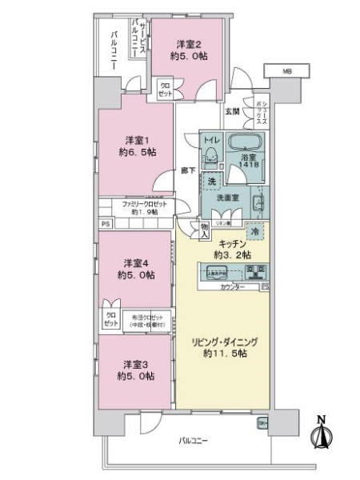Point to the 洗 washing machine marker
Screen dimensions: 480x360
(212, 180)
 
